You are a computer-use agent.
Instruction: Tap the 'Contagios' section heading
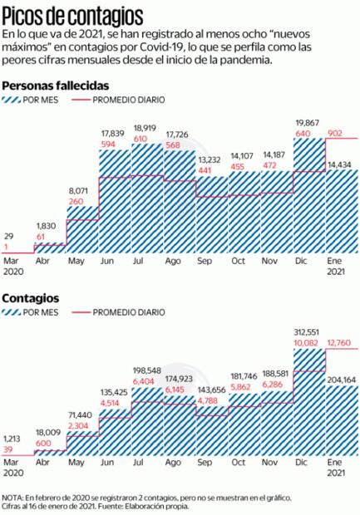click(x=30, y=297)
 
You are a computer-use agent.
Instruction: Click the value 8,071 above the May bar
click(x=82, y=190)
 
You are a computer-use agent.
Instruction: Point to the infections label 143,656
click(x=212, y=390)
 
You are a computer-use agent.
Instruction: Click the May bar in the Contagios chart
click(x=82, y=441)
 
